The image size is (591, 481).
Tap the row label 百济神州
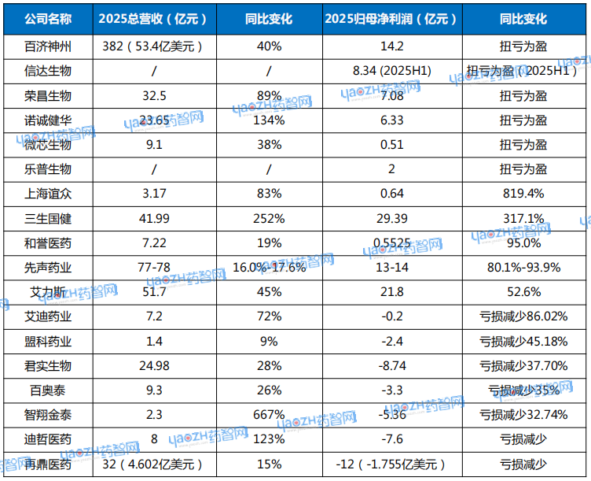click(48, 46)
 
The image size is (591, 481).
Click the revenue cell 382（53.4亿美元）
click(153, 46)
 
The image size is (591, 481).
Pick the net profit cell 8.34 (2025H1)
click(392, 71)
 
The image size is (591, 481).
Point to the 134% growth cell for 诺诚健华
click(269, 120)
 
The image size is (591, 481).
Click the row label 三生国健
click(48, 218)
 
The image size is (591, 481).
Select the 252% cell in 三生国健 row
click(269, 218)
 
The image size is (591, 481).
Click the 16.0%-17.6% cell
click(269, 268)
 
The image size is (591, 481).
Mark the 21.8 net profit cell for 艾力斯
click(392, 292)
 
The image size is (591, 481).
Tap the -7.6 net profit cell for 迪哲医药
click(392, 439)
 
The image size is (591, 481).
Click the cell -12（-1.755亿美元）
click(392, 464)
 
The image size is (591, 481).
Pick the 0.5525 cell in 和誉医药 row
click(392, 243)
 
